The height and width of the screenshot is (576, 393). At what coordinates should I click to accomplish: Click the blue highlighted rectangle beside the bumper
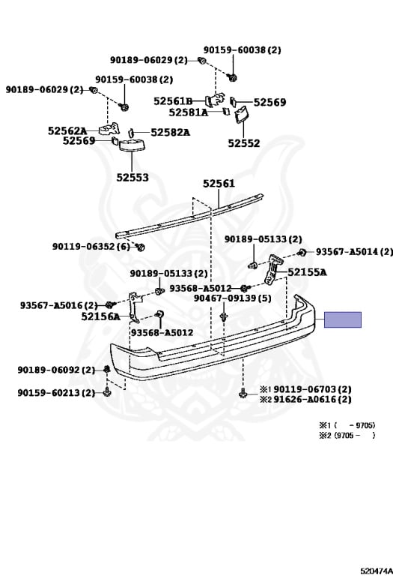342,319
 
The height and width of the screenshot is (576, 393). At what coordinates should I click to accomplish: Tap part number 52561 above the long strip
219,183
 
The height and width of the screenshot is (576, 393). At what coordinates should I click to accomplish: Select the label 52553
132,178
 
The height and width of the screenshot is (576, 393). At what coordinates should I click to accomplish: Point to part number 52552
244,143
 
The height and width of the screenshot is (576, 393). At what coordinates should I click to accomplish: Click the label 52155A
307,272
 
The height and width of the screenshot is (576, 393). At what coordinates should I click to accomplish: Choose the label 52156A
100,316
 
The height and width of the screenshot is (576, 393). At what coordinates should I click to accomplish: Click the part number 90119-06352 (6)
91,246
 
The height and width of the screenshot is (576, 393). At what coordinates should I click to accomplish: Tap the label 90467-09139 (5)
232,298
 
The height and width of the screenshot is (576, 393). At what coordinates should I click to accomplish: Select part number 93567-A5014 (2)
355,252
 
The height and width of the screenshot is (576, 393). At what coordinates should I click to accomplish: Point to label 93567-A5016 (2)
58,305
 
